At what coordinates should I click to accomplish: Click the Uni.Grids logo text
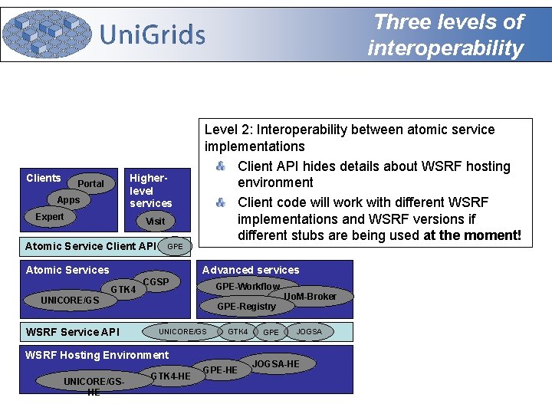tap(153, 34)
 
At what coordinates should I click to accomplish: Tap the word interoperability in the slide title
tap(445, 48)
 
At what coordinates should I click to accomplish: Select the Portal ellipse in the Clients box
tap(91, 184)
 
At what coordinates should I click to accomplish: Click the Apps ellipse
tap(69, 199)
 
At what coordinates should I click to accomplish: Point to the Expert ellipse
tap(51, 217)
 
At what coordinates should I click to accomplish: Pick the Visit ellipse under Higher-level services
tap(156, 221)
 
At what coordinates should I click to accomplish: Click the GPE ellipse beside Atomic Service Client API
tap(176, 247)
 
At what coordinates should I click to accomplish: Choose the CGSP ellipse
tap(156, 282)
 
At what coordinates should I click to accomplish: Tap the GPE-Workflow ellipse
tap(248, 287)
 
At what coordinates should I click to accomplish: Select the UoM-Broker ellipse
tap(310, 296)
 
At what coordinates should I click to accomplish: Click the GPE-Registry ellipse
tap(246, 306)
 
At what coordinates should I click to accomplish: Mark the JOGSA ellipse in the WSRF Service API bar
tap(310, 332)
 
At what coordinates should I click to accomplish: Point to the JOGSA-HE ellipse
tap(276, 363)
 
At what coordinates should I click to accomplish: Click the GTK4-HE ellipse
tap(170, 376)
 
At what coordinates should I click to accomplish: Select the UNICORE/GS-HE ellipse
tap(94, 383)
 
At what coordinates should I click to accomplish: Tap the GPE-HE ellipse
tap(220, 370)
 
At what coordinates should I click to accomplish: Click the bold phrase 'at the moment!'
tap(472, 235)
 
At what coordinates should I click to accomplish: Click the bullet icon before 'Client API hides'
tap(220, 166)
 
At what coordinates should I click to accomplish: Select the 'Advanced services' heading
tap(251, 270)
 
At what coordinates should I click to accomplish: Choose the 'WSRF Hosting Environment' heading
tap(97, 355)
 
